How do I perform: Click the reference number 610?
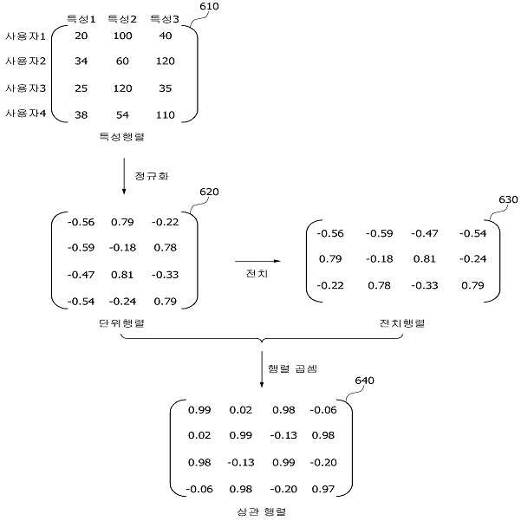click(209, 6)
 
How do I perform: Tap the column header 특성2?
click(122, 19)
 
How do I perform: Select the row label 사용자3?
click(26, 88)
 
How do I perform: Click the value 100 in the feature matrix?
click(122, 36)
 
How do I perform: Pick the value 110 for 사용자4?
click(165, 115)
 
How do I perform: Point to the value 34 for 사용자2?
click(81, 62)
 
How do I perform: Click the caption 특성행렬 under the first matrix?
click(122, 137)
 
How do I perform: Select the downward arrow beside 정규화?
click(124, 176)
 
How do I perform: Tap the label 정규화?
click(152, 176)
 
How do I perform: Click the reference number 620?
click(209, 192)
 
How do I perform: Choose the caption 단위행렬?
click(122, 323)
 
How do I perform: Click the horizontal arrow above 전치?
click(257, 261)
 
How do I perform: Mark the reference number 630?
click(508, 199)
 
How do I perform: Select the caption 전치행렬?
click(402, 323)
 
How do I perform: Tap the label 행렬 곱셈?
click(293, 368)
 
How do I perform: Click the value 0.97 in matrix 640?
click(323, 489)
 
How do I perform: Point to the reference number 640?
click(364, 381)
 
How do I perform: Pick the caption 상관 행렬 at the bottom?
click(262, 511)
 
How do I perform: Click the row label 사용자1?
click(25, 36)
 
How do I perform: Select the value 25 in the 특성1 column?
click(81, 88)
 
